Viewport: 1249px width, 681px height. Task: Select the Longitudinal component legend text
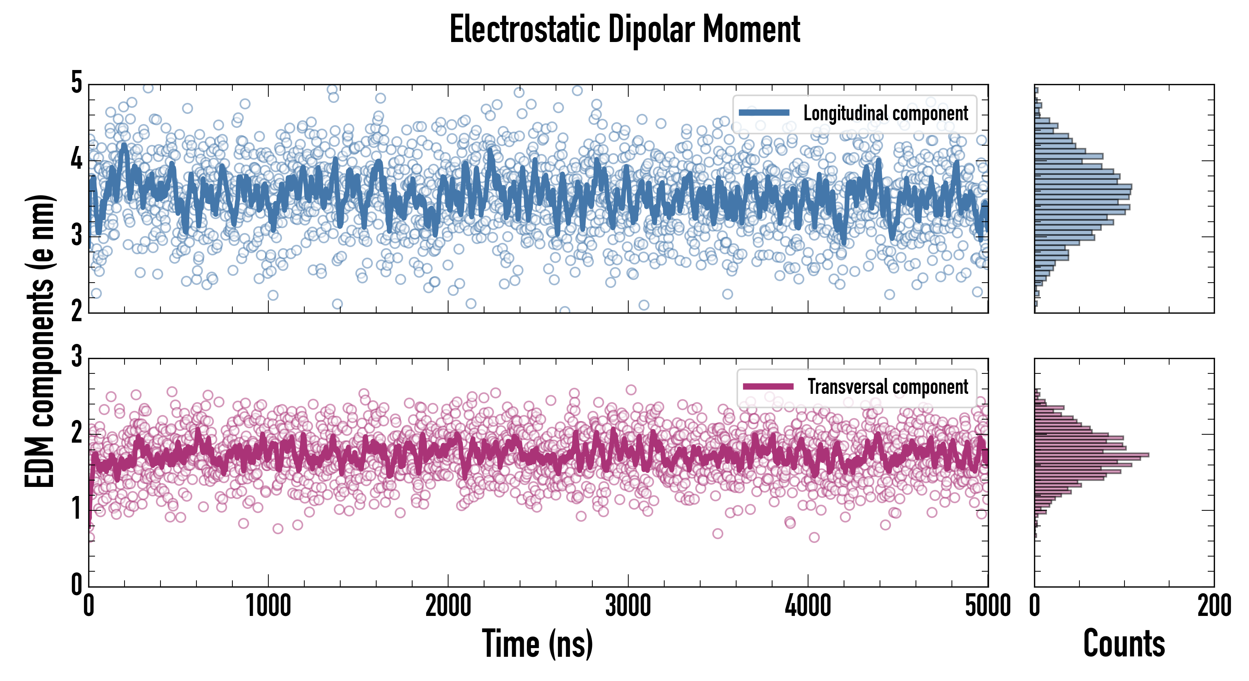[x=885, y=113]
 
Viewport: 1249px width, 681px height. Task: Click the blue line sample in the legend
[x=764, y=113]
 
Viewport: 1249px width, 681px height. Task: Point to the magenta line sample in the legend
[x=768, y=387]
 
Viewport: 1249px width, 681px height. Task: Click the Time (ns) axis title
[x=537, y=644]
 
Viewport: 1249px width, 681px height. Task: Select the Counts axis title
[x=1124, y=644]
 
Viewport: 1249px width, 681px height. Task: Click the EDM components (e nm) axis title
[x=40, y=341]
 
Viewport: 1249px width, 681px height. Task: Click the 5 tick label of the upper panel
[x=76, y=83]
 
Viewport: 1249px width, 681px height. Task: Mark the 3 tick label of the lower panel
[x=76, y=357]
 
